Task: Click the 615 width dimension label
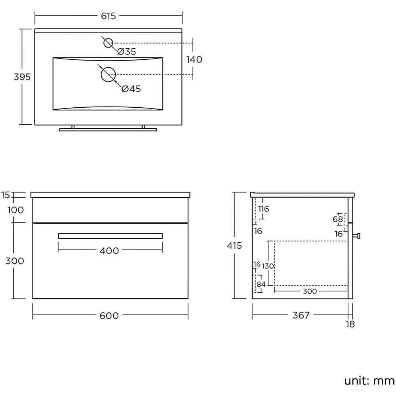tap(108, 16)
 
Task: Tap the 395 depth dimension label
tap(22, 77)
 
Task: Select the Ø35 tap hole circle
tap(109, 43)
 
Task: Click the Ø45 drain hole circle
tap(108, 74)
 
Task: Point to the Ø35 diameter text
tap(127, 51)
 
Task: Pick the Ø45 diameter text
tap(131, 89)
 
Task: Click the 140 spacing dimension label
tap(194, 59)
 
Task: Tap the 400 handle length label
tap(110, 251)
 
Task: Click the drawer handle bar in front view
tap(110, 236)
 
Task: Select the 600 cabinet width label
tap(110, 316)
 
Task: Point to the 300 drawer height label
tap(15, 261)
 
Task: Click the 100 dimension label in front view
tap(15, 210)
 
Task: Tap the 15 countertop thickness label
tap(6, 195)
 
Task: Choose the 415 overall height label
tap(234, 246)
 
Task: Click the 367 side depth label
tap(301, 316)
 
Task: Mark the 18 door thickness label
tap(350, 324)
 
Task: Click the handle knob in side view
tap(357, 236)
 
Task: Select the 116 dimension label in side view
tap(263, 209)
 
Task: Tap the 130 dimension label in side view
tap(268, 266)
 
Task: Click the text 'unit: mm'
tap(369, 381)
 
